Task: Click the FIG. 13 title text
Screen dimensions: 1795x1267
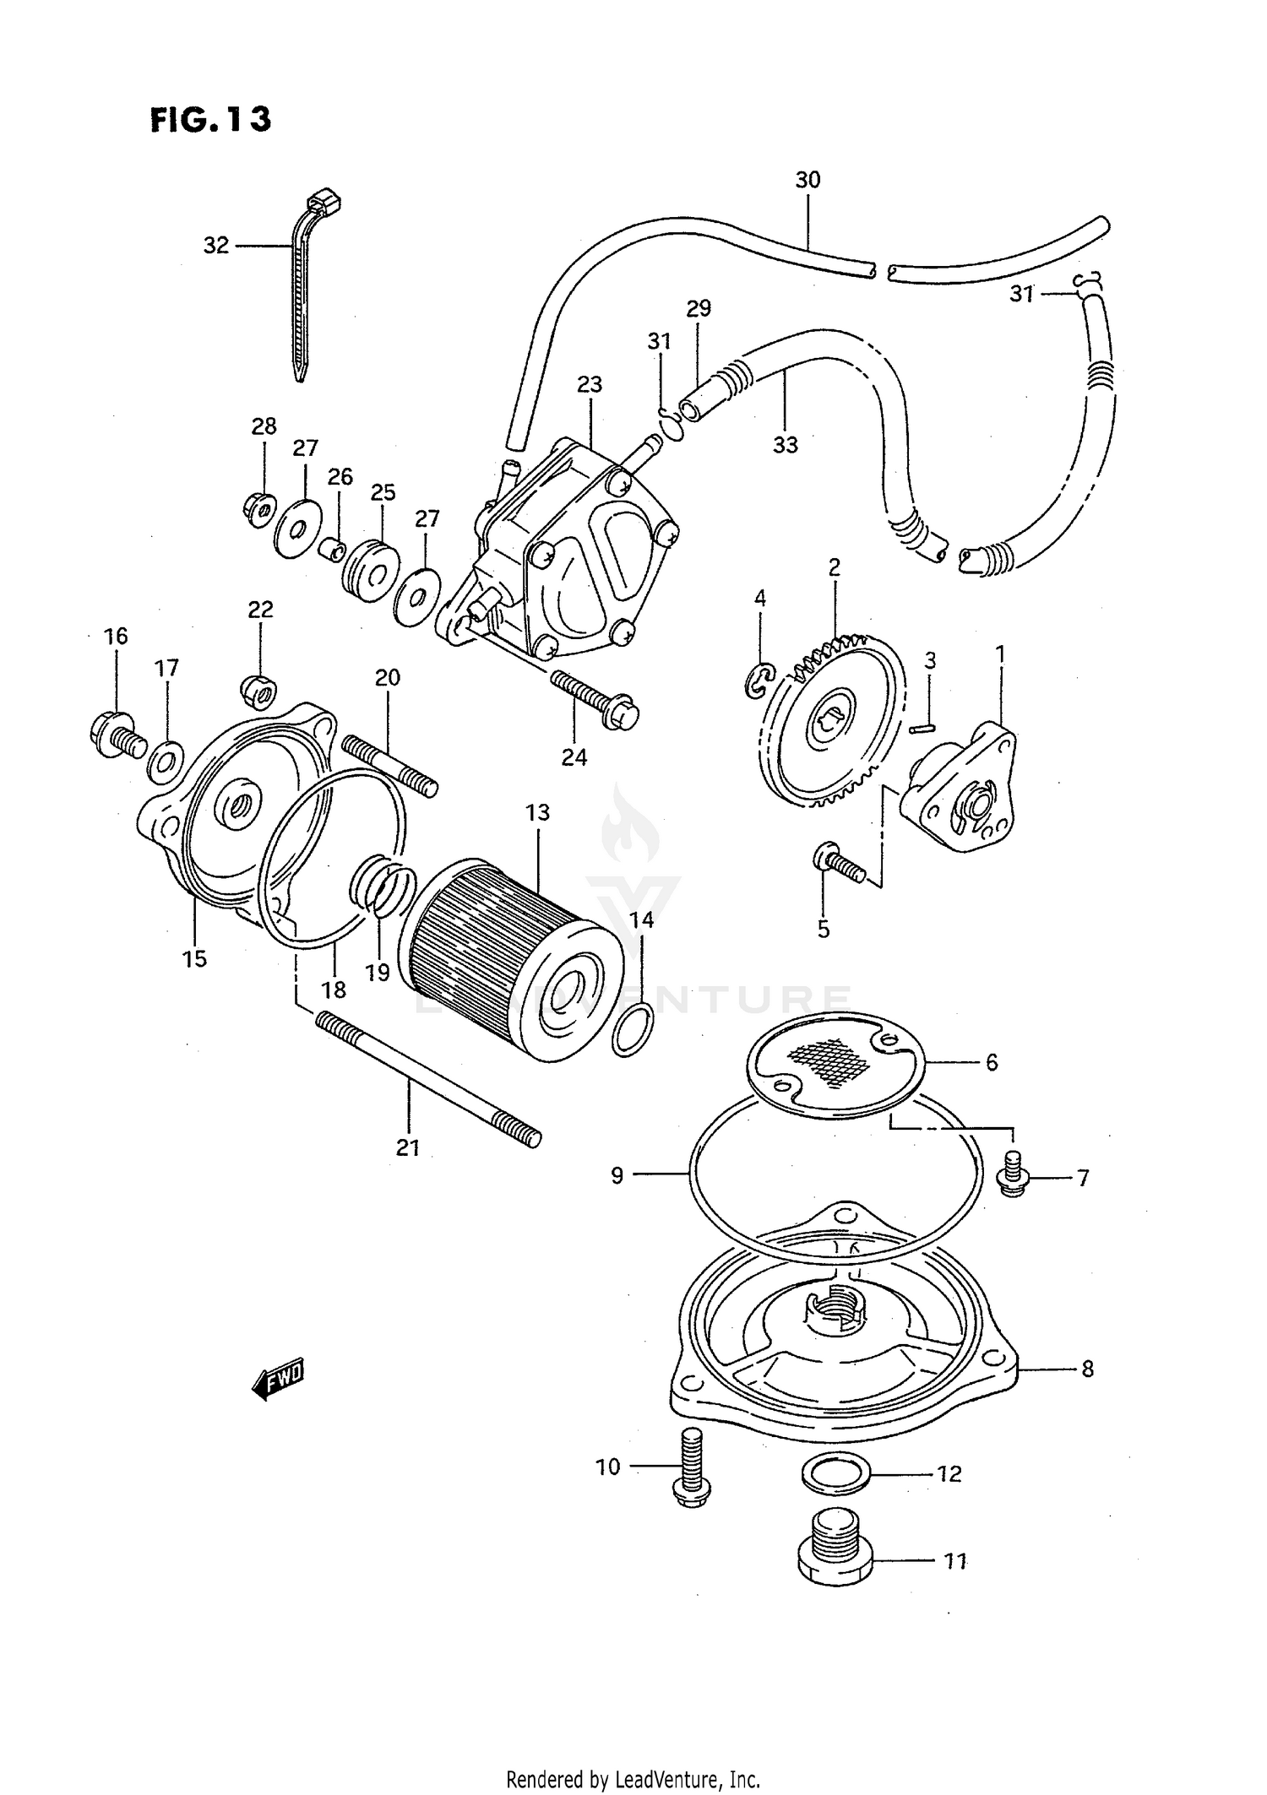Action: click(x=211, y=120)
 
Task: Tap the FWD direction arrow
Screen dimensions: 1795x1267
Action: click(x=277, y=1380)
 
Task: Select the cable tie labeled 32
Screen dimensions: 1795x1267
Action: click(x=302, y=296)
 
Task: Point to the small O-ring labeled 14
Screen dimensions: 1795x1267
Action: click(x=631, y=1030)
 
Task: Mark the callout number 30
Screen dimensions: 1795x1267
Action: click(x=808, y=180)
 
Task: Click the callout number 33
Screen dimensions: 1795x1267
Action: click(x=786, y=444)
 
